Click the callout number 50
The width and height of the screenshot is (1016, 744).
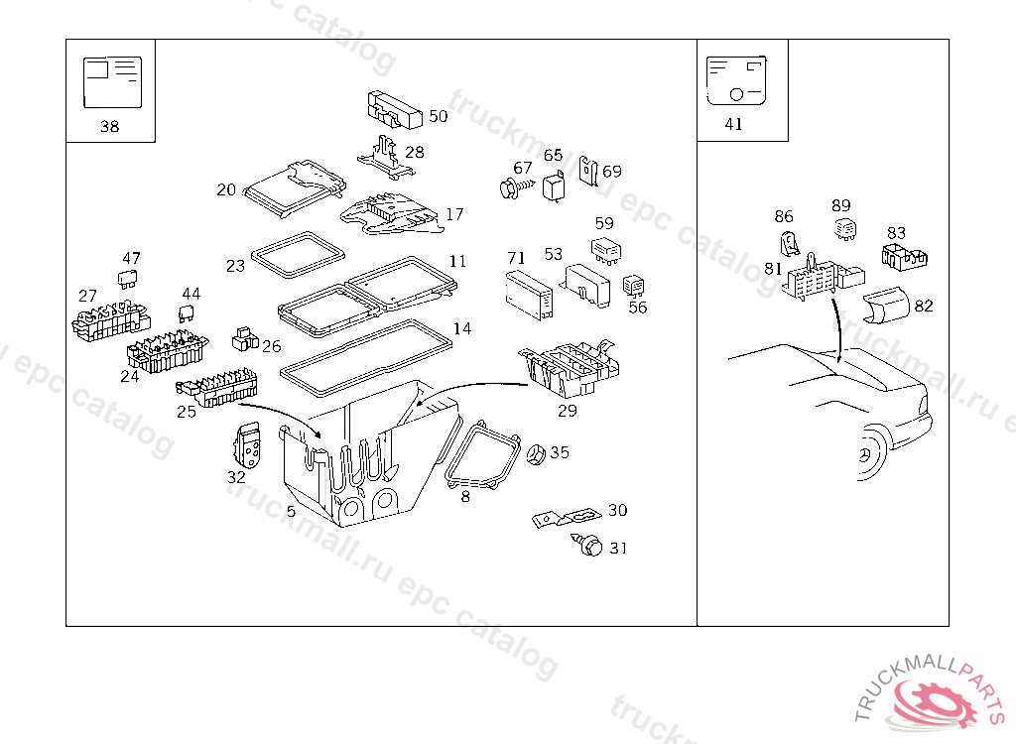tap(438, 116)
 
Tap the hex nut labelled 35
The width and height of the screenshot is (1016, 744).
tap(533, 454)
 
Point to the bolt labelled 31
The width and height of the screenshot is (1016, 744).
tap(589, 545)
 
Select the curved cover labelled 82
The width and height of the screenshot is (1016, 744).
tap(885, 308)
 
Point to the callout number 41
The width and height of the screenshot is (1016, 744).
tap(733, 125)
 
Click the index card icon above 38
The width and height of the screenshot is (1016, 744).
tap(111, 81)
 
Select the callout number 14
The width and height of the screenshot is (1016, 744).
tap(462, 329)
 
